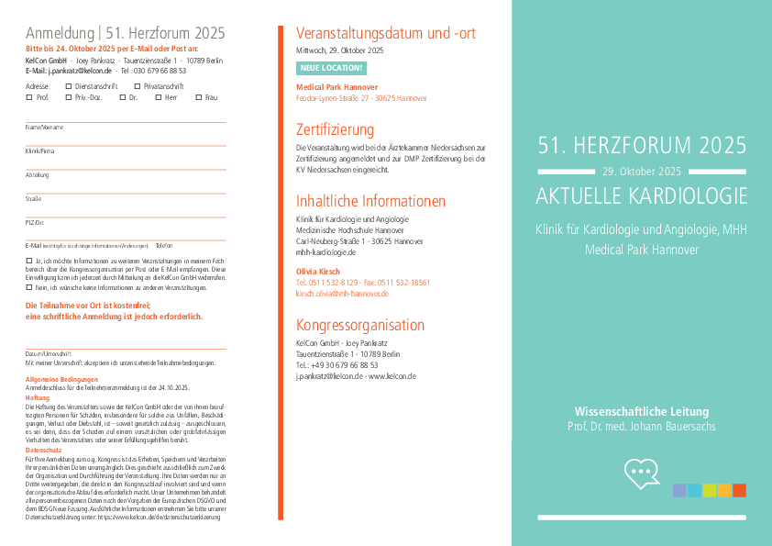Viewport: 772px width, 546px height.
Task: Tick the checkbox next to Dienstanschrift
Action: [69, 85]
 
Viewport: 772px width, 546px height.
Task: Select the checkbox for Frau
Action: [198, 96]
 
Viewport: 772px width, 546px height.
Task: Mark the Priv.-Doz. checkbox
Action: [69, 96]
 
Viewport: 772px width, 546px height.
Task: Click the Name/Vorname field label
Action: [44, 127]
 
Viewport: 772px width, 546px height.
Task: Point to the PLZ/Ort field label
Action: [35, 222]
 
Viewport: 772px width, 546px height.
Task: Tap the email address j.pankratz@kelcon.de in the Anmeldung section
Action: [80, 70]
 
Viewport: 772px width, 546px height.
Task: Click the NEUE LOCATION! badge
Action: [331, 68]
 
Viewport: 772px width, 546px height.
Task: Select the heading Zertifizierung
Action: [335, 129]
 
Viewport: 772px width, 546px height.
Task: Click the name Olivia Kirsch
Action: [317, 272]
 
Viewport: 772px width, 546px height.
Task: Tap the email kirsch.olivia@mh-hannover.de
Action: [342, 294]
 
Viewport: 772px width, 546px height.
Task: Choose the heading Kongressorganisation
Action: [359, 325]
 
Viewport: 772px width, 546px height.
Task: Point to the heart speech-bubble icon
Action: [642, 473]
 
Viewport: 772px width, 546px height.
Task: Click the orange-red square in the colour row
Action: [739, 490]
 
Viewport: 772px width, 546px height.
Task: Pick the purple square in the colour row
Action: [679, 490]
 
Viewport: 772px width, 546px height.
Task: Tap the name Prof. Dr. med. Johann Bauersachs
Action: [641, 427]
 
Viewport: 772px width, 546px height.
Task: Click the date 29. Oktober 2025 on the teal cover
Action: [642, 172]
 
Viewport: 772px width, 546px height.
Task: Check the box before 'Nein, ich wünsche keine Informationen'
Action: [28, 287]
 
